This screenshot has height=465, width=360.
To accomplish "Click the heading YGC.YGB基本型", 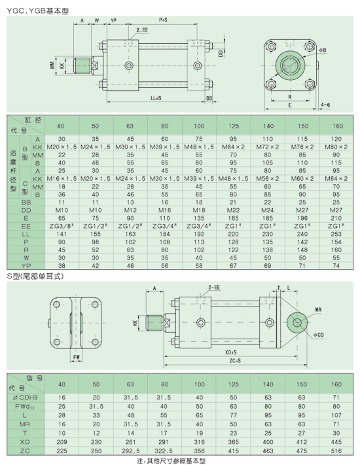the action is click(37, 11).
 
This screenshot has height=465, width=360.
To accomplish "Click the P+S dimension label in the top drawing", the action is click(163, 20).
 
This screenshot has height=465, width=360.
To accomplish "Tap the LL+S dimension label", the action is click(156, 98).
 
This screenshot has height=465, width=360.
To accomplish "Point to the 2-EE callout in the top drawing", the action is click(142, 30).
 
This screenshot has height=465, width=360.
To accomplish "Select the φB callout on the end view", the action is click(323, 50).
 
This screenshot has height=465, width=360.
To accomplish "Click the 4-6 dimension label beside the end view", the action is click(325, 105).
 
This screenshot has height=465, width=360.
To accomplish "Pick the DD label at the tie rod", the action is click(221, 54).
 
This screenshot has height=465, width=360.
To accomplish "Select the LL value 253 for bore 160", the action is click(336, 234).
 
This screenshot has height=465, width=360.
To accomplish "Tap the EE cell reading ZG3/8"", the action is click(62, 226).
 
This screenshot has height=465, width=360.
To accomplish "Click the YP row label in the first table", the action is click(26, 266).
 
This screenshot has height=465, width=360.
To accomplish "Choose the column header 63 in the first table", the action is click(130, 126).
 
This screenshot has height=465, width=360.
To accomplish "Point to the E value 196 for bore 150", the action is click(302, 218).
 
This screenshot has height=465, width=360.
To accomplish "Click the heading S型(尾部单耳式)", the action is click(35, 276).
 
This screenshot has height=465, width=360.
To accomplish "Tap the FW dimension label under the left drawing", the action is click(77, 357).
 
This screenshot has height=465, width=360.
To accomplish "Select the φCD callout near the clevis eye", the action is click(319, 335).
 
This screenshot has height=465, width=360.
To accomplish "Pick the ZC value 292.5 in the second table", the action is click(131, 451).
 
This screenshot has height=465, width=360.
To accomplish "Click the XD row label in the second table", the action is click(25, 442).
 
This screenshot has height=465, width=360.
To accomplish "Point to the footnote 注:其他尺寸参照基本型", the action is click(171, 461).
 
